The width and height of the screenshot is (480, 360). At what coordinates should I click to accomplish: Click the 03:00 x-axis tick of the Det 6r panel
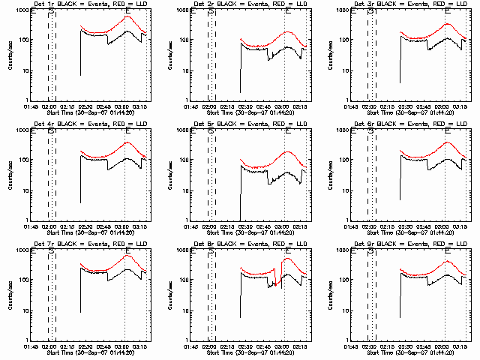click(x=444, y=227)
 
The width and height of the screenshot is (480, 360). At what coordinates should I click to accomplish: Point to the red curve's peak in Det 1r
click(x=127, y=16)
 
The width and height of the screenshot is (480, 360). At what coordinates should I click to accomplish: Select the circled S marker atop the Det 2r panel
click(x=211, y=12)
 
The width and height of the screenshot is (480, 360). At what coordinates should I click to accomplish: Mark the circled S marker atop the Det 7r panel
click(x=51, y=252)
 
